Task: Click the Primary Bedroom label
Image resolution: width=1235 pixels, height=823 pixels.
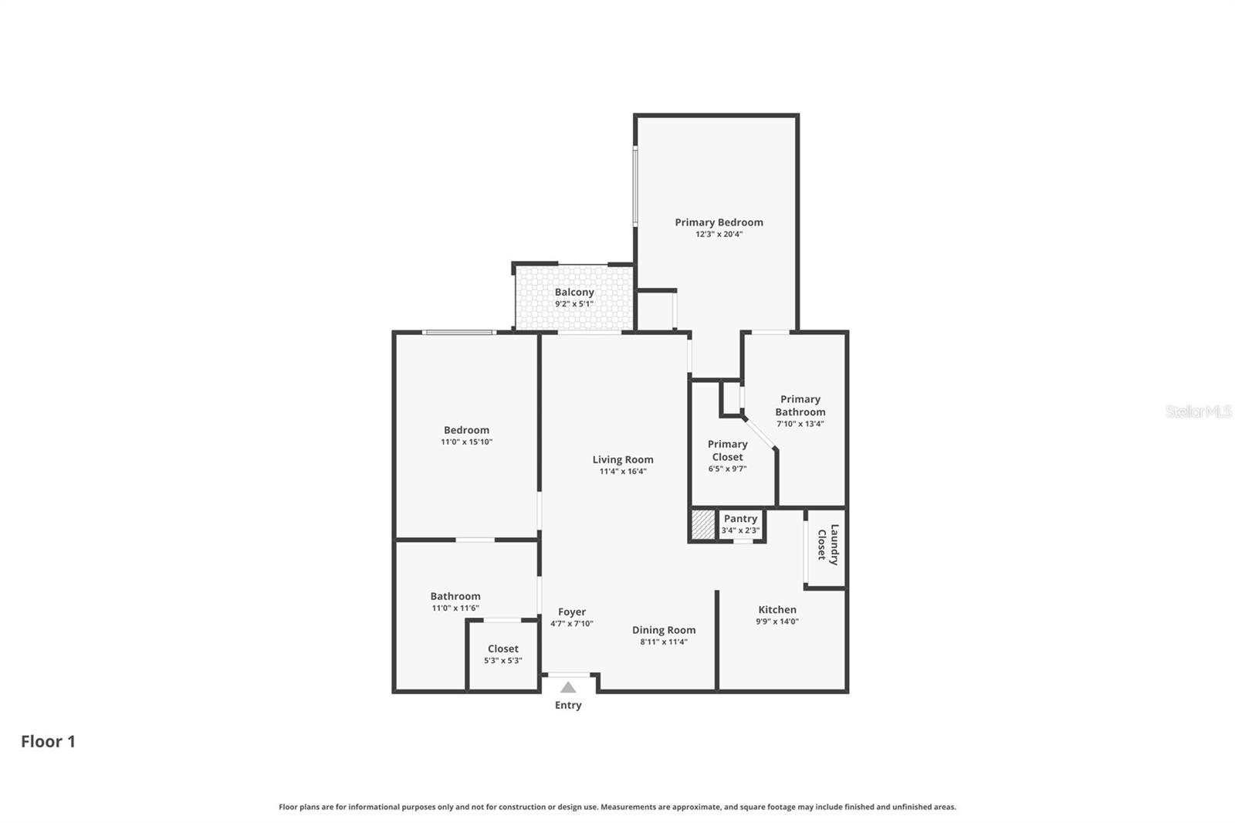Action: (x=719, y=222)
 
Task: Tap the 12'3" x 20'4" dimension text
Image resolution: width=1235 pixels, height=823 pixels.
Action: (x=719, y=234)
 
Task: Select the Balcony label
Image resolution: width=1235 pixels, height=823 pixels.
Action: (x=574, y=292)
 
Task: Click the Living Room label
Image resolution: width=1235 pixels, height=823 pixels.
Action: (x=622, y=459)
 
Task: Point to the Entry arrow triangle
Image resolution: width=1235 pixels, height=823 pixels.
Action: (x=568, y=687)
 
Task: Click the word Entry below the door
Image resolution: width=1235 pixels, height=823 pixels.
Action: (x=568, y=705)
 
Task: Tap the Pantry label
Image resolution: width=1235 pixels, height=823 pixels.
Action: (x=740, y=519)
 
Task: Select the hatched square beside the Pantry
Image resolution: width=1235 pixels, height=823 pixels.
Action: (x=703, y=525)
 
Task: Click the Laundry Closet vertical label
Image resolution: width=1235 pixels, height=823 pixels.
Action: (x=827, y=544)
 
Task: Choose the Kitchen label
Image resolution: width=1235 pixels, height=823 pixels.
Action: (x=777, y=609)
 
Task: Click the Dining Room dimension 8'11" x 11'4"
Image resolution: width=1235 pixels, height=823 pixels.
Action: (x=664, y=642)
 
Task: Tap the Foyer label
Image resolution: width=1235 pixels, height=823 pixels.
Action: (x=572, y=611)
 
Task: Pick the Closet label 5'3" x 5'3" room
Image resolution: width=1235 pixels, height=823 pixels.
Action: (x=502, y=649)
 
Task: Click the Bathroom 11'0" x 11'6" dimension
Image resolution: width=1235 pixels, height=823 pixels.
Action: (x=455, y=608)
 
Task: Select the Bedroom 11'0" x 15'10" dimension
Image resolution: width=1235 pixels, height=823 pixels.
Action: (x=466, y=442)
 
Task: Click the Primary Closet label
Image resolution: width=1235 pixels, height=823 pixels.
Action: (x=727, y=450)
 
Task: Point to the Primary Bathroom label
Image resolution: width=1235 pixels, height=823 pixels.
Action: (x=800, y=405)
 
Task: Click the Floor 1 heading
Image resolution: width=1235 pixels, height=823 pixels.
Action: (x=48, y=741)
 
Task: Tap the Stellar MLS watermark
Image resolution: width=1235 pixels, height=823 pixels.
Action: (x=1198, y=411)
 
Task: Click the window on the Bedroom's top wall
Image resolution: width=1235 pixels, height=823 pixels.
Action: (x=459, y=332)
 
